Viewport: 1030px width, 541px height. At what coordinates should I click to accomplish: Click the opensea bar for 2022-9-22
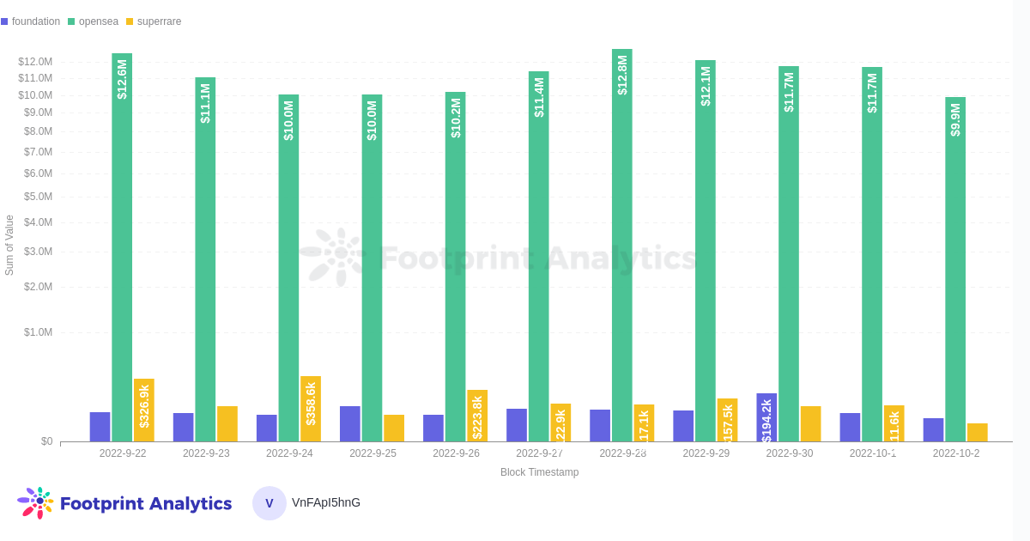click(x=122, y=258)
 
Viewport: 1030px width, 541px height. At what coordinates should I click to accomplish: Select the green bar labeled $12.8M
click(x=622, y=258)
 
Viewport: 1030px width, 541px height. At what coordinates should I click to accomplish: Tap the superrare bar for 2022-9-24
click(x=311, y=409)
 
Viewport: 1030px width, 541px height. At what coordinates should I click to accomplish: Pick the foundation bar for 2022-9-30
click(x=766, y=418)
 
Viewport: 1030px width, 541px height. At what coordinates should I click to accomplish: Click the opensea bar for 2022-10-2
click(x=955, y=275)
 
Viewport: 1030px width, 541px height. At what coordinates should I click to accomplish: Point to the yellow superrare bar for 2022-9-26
click(x=477, y=416)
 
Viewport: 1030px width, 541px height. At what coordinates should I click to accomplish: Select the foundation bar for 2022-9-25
click(x=350, y=424)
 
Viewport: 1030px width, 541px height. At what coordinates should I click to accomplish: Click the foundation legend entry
click(x=31, y=21)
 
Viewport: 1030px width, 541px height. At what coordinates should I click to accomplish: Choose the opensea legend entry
click(x=94, y=21)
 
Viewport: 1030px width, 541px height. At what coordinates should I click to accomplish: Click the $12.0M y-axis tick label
click(x=35, y=62)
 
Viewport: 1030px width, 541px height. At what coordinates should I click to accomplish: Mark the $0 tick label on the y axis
click(x=46, y=441)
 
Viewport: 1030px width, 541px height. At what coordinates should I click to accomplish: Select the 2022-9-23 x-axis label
click(x=206, y=453)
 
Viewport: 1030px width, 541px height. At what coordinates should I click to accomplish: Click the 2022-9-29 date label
click(x=706, y=453)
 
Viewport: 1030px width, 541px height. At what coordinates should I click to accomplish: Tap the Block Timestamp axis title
click(x=539, y=472)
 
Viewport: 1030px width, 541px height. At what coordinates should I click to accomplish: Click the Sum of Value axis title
click(x=9, y=245)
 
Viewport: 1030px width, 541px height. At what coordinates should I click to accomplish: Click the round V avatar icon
click(x=270, y=503)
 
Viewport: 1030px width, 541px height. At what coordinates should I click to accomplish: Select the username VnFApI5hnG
click(x=326, y=502)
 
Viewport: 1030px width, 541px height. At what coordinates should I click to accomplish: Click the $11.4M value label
click(x=539, y=98)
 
